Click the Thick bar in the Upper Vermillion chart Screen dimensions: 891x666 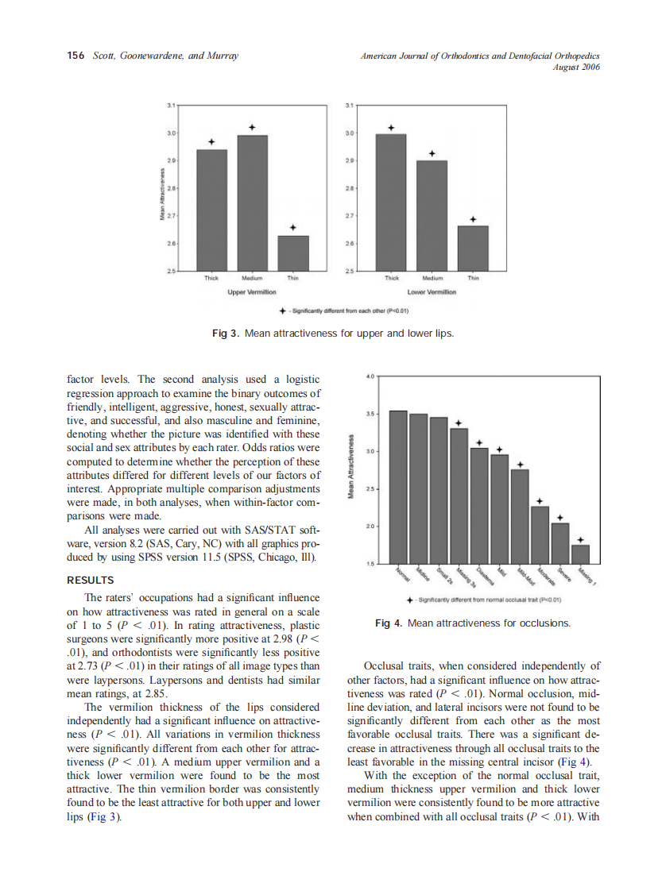211,210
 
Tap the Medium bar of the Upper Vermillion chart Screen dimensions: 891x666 252,203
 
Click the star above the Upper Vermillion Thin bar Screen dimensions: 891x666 293,227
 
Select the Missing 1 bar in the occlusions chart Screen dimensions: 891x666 581,554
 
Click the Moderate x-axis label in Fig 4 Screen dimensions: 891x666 547,576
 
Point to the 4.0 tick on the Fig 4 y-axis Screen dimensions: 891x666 370,376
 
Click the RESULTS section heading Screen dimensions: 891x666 91,580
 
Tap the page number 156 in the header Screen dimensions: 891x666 76,56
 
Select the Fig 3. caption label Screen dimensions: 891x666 225,334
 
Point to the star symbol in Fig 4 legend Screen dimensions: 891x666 409,600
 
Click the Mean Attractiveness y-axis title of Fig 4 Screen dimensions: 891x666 350,469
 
